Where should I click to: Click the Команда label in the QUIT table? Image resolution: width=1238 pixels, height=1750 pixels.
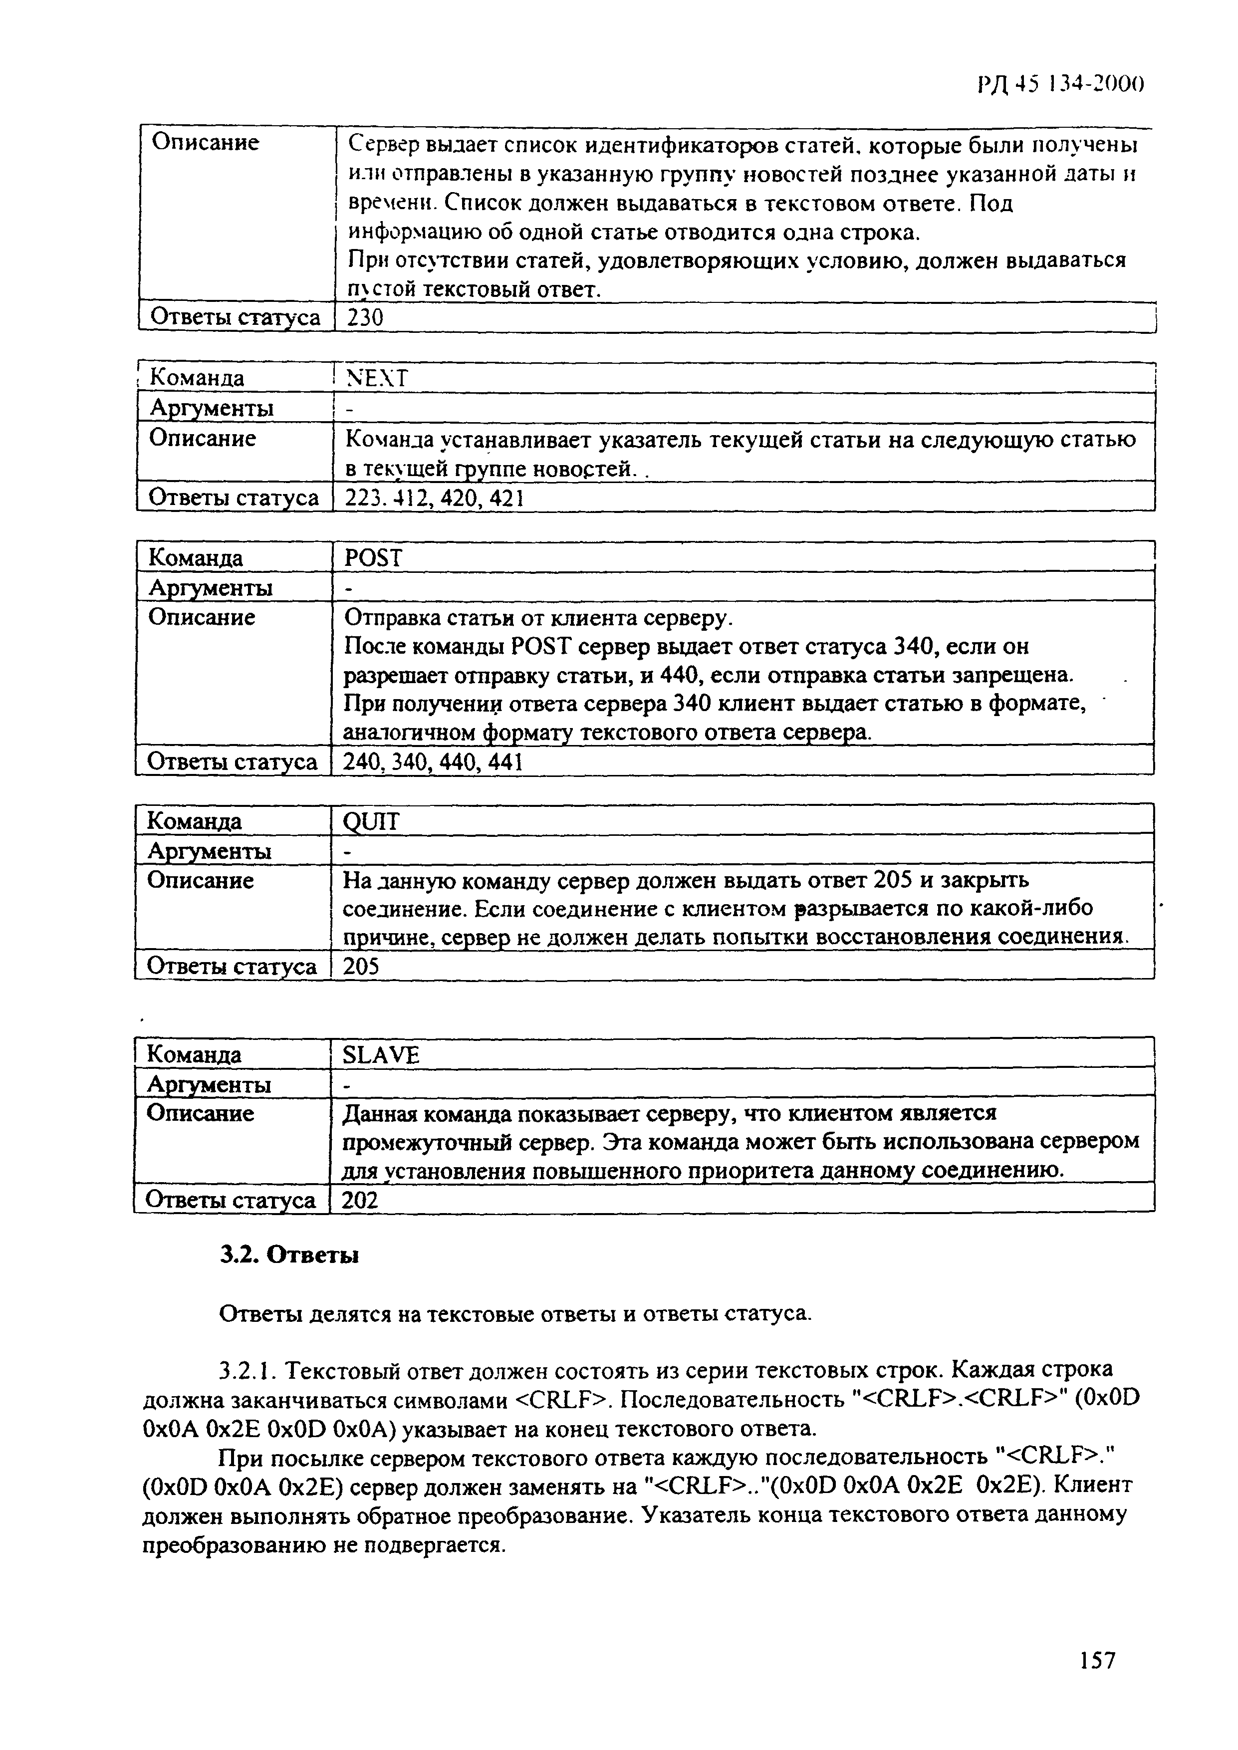point(195,821)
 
